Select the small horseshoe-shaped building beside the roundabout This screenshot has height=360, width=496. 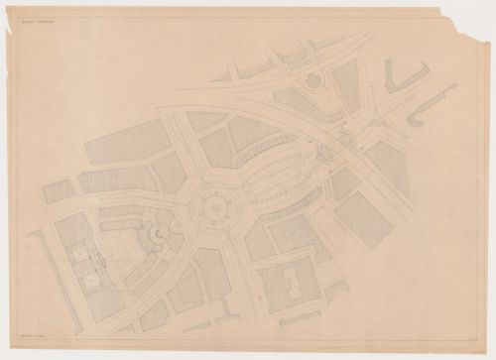click(x=157, y=234)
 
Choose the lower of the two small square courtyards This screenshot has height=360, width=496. click(x=92, y=282)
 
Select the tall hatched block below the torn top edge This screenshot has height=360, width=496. click(x=346, y=90)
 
